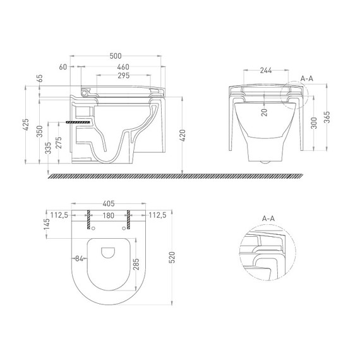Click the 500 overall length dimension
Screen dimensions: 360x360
click(116, 56)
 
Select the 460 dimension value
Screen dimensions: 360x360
click(123, 66)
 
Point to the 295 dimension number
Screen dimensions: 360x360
click(123, 75)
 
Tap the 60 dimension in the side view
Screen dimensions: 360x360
click(63, 66)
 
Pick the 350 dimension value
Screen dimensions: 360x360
click(39, 131)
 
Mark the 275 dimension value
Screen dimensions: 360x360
click(59, 143)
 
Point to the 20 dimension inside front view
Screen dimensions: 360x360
click(264, 112)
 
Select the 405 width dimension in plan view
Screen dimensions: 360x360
click(108, 204)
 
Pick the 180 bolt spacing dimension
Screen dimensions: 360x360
click(108, 215)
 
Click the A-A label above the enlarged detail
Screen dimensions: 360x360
click(268, 219)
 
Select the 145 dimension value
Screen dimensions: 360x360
click(46, 224)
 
